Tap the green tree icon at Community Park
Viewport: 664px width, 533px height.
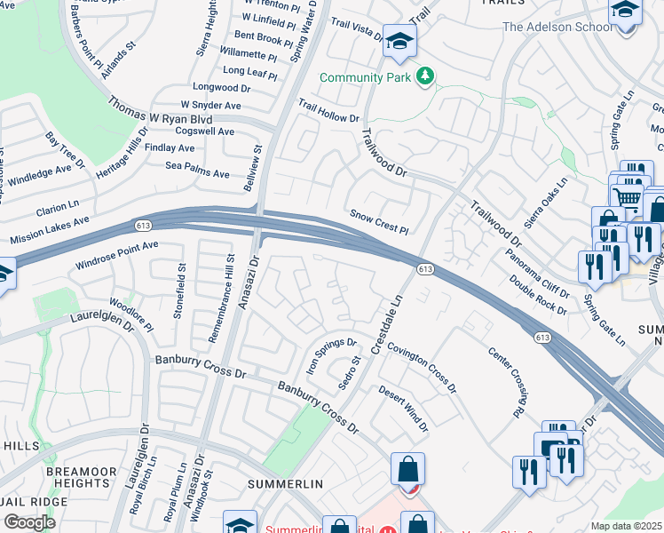coord(425,77)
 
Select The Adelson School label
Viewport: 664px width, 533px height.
coord(557,27)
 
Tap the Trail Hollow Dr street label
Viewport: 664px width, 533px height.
coord(328,111)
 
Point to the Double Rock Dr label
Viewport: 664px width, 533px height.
coord(538,294)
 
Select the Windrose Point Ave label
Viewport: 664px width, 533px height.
coord(116,254)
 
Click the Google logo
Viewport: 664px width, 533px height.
coord(29,521)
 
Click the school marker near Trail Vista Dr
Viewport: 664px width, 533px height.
coord(399,42)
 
